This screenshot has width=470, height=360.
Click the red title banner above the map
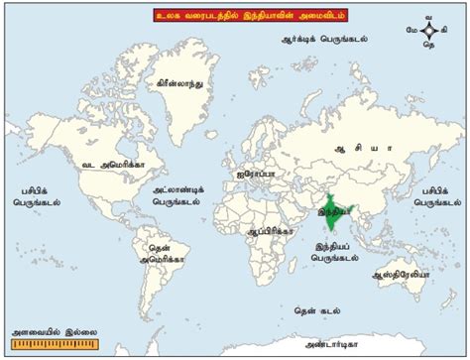click(234, 17)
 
